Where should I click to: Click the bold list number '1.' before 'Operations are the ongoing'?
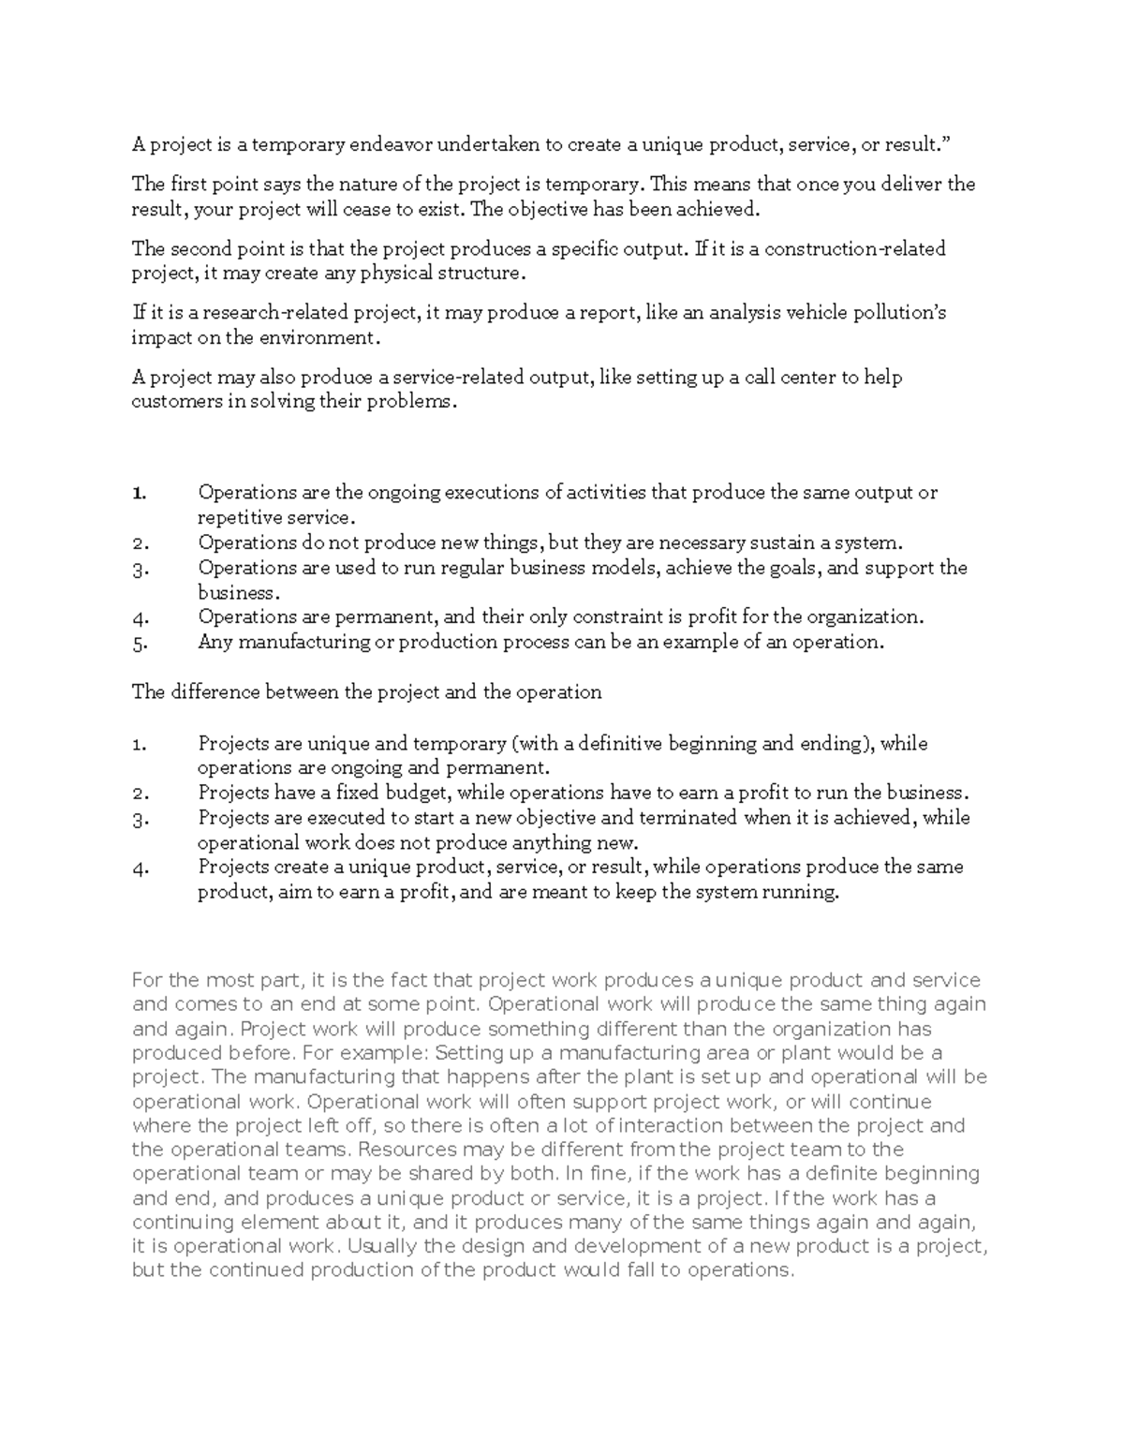click(x=140, y=493)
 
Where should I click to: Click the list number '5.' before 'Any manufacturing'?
click(x=140, y=643)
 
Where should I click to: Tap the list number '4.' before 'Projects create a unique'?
click(x=140, y=868)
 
